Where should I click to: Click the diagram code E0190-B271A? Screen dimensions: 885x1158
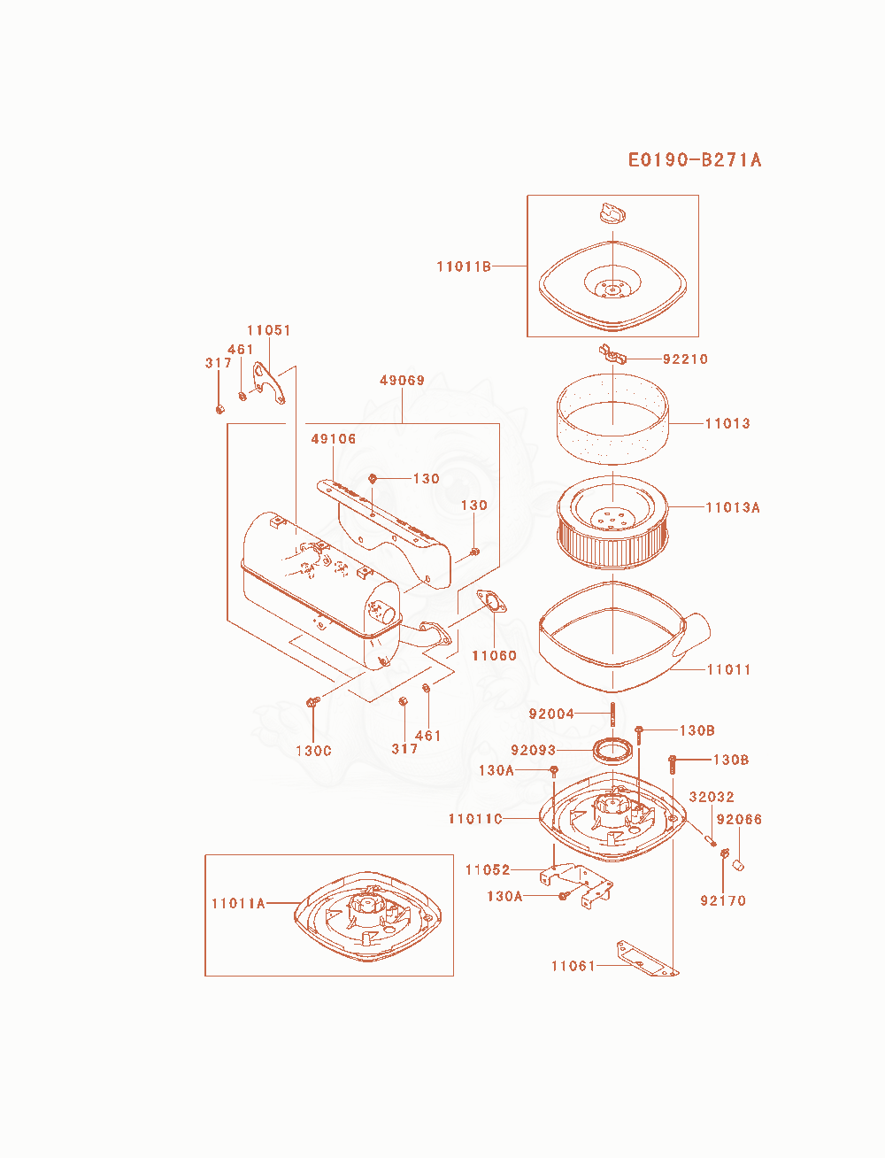point(695,159)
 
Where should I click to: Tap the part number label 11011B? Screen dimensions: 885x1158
point(464,266)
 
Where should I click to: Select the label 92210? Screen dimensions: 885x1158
point(685,359)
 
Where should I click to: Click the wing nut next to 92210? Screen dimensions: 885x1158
point(612,353)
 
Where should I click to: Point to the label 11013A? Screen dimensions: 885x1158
point(733,507)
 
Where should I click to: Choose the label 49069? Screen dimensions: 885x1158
point(402,380)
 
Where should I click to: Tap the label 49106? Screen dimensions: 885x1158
point(334,438)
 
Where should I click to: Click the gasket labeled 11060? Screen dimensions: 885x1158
point(491,603)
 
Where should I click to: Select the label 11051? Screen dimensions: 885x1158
point(269,330)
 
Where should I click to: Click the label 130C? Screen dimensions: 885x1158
point(313,751)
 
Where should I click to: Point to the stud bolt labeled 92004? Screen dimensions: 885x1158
point(612,714)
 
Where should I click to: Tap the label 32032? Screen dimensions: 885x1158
point(712,796)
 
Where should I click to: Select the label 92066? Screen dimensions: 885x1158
point(739,819)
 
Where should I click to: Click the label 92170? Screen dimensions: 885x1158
point(723,900)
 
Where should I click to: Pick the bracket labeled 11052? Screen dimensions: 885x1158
point(576,884)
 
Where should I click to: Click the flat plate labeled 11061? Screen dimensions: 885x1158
point(648,958)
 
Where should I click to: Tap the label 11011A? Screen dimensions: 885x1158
point(238,903)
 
